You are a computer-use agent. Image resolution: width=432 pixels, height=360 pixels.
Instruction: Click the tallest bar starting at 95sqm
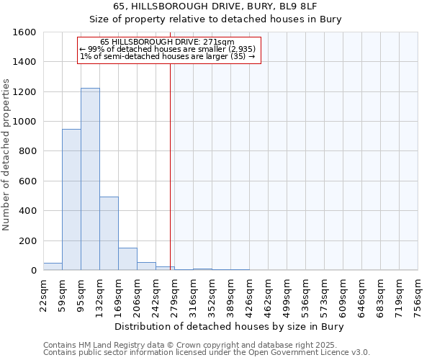tap(90, 179)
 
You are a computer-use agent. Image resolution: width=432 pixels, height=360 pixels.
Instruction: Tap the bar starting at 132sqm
tap(109, 233)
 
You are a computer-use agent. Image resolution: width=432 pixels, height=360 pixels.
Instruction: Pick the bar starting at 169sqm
tap(127, 259)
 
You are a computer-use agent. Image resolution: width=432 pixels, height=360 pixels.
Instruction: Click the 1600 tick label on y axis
tap(24, 32)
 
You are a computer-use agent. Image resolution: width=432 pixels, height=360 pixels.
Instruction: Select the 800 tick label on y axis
tap(27, 151)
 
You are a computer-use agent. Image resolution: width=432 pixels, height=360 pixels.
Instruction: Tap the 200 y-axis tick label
tap(27, 240)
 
